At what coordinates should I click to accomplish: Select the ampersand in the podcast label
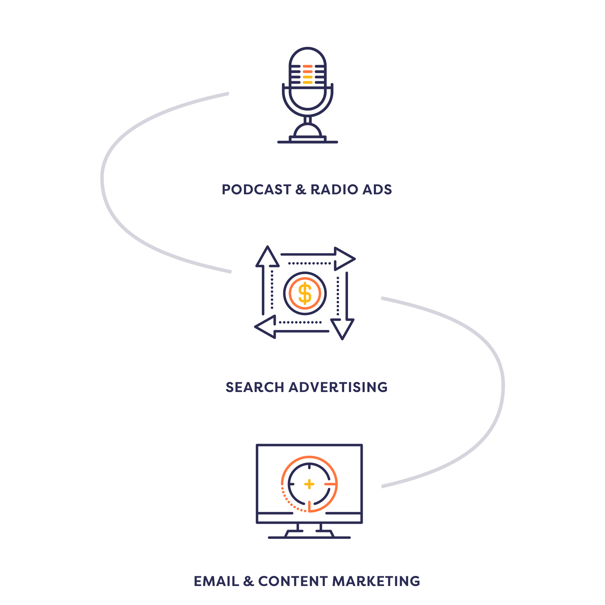tap(301, 190)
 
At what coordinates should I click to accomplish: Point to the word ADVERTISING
tap(338, 387)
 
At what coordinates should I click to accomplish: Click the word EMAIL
tap(217, 581)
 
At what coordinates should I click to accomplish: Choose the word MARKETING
tap(376, 581)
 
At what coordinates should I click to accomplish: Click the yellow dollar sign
tap(305, 293)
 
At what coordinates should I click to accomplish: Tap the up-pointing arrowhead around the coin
tap(267, 257)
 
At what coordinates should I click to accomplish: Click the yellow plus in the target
tap(309, 484)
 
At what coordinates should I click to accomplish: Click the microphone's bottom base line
tap(308, 142)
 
